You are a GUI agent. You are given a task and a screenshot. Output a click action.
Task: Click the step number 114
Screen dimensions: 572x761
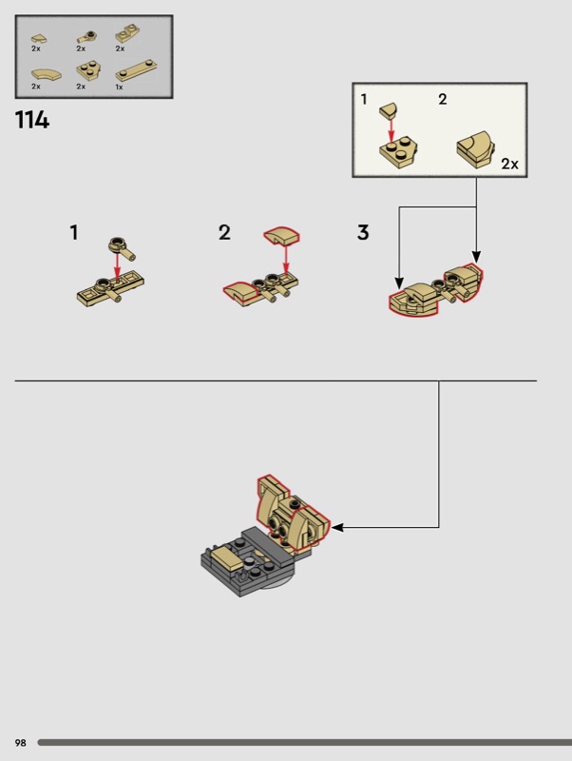[x=32, y=120]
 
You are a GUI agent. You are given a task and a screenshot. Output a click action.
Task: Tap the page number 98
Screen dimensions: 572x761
[x=20, y=743]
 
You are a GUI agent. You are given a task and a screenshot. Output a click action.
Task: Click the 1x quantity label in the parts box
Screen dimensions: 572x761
[x=119, y=88]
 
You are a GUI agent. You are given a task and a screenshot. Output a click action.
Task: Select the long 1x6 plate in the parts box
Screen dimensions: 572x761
[x=137, y=70]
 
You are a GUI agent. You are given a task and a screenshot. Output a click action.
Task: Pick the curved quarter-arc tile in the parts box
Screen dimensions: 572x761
[x=47, y=74]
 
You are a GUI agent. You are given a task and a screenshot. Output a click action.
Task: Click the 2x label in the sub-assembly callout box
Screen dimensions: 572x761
[x=509, y=164]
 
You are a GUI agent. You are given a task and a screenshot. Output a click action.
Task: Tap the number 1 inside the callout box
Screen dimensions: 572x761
[x=364, y=100]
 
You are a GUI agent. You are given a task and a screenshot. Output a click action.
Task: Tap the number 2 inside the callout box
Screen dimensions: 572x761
[x=443, y=100]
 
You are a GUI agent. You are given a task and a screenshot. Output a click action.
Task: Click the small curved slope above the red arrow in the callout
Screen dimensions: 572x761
[x=389, y=109]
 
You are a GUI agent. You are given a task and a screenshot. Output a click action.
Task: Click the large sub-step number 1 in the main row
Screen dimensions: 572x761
[x=74, y=232]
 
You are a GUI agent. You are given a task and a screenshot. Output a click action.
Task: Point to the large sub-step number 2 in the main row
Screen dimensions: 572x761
[x=224, y=232]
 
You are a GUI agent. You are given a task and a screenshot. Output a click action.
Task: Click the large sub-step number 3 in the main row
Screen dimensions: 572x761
[x=363, y=232]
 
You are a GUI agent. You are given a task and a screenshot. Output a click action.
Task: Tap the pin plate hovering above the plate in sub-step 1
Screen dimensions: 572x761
[x=122, y=247]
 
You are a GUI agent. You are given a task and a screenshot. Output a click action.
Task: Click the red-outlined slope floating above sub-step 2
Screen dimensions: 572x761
[x=281, y=235]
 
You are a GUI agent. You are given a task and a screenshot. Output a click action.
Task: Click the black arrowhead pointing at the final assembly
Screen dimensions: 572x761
[x=338, y=528]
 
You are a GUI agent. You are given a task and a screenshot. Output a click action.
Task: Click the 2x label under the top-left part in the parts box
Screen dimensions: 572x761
[x=36, y=49]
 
